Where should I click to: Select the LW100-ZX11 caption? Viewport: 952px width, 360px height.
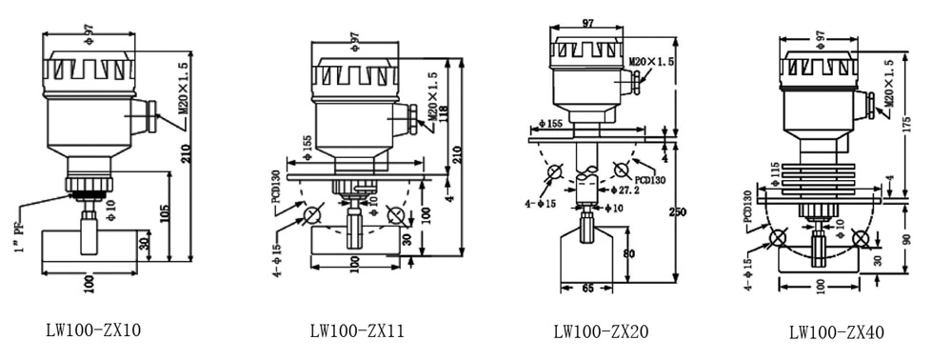pyautogui.click(x=357, y=330)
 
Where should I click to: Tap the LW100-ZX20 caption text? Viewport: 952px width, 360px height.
pyautogui.click(x=601, y=331)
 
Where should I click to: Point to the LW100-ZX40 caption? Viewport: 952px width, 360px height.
pyautogui.click(x=837, y=332)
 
